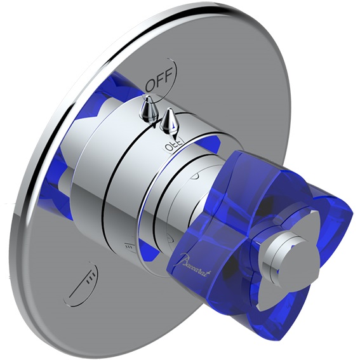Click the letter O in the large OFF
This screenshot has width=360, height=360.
[149, 84]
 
